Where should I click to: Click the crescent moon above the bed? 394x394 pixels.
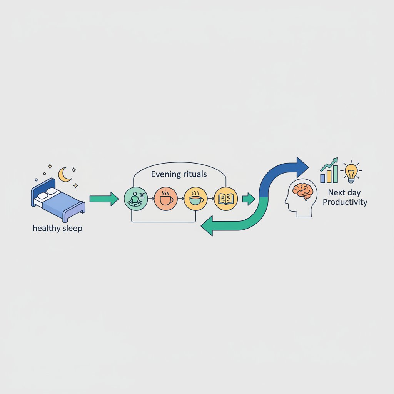(x=64, y=175)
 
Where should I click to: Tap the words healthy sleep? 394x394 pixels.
(x=58, y=228)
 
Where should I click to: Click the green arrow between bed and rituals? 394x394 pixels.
(x=104, y=199)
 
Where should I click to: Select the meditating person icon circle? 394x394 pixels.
(x=136, y=199)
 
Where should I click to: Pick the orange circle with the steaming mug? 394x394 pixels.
(x=166, y=199)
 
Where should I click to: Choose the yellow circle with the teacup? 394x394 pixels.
(x=196, y=199)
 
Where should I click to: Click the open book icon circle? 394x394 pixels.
(x=226, y=199)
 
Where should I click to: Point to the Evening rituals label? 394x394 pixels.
(x=179, y=174)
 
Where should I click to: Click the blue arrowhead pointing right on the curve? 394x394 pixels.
(x=302, y=167)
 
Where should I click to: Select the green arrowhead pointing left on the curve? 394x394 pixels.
(x=207, y=225)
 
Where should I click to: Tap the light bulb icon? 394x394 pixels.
(x=351, y=172)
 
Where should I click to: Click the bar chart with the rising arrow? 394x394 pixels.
(x=329, y=170)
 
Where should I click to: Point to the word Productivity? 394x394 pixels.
(x=345, y=202)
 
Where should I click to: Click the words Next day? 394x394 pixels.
(x=344, y=192)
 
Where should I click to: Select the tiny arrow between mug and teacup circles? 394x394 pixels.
(x=181, y=199)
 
